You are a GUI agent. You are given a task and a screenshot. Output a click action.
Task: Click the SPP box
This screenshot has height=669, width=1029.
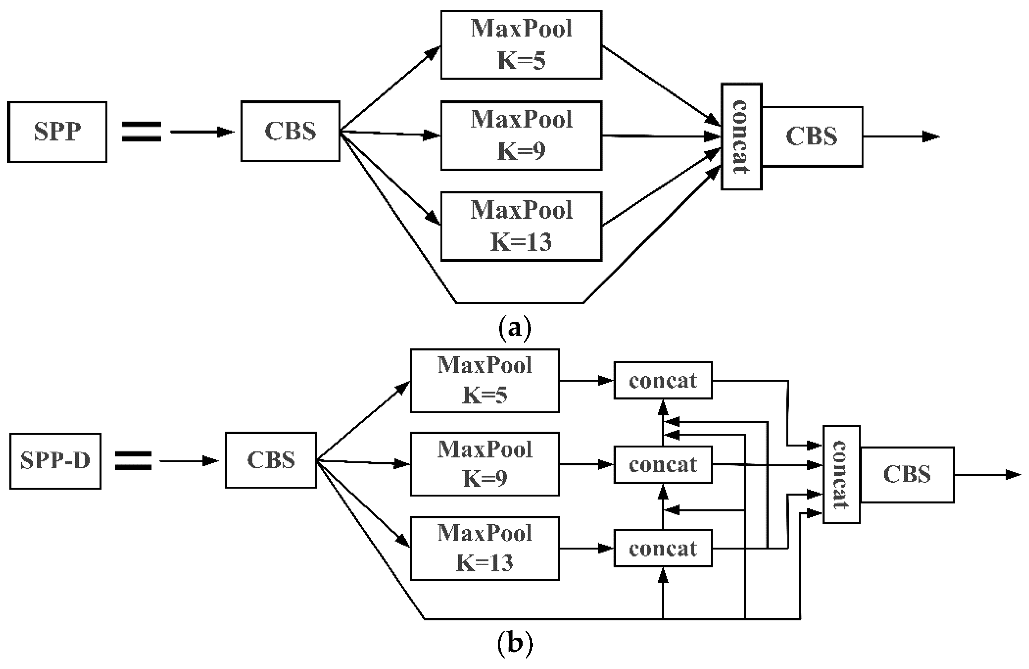tap(57, 132)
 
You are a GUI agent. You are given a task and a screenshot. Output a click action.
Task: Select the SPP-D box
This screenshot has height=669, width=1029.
tap(55, 461)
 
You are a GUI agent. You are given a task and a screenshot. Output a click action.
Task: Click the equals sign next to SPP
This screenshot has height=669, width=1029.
tap(141, 131)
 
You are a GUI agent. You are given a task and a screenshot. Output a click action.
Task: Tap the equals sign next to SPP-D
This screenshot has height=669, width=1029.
tap(133, 461)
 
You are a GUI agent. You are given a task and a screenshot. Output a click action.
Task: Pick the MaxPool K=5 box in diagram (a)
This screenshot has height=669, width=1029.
tap(521, 45)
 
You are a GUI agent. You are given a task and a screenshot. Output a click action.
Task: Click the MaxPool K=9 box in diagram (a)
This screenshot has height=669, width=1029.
tap(521, 135)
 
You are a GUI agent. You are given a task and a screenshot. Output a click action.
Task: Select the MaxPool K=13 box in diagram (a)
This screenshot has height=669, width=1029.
tap(521, 226)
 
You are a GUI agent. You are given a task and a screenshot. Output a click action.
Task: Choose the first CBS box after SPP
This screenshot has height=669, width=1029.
tap(290, 131)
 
